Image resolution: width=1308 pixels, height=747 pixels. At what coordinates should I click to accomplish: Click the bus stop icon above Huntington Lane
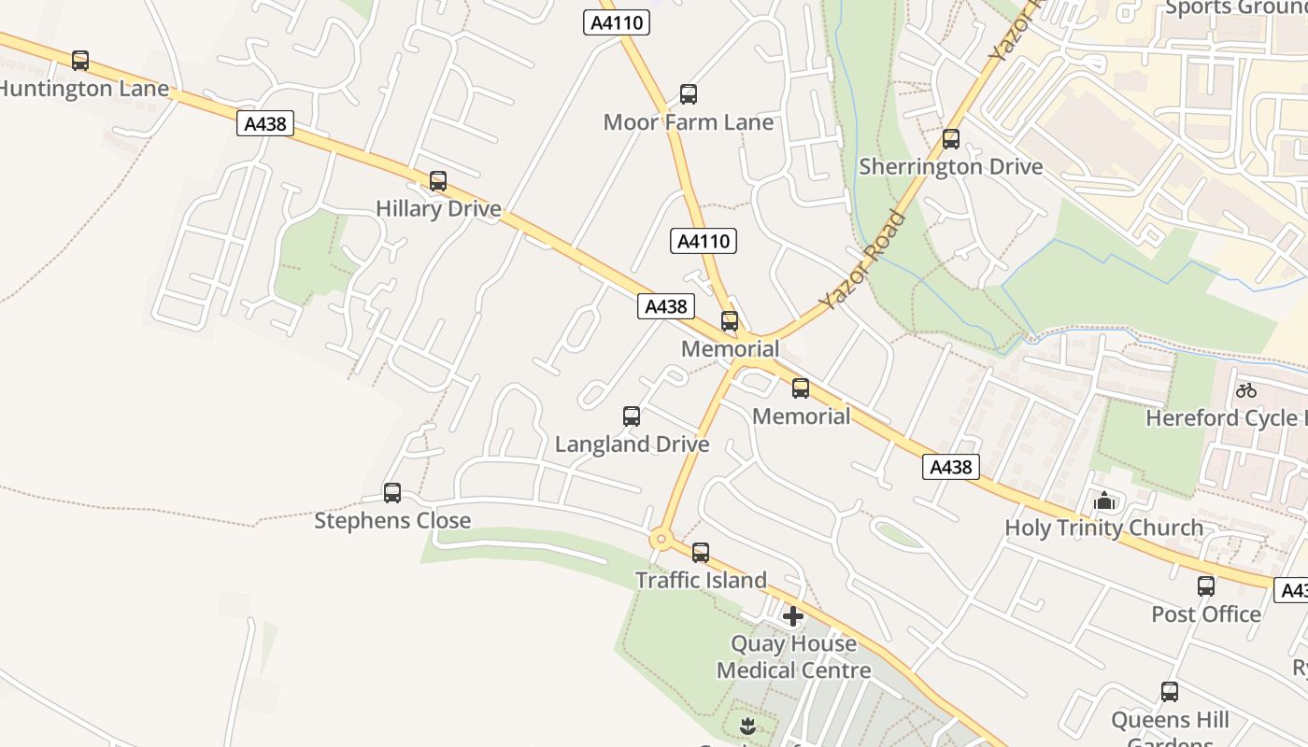point(80,61)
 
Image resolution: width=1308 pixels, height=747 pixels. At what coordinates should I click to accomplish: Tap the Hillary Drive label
point(438,208)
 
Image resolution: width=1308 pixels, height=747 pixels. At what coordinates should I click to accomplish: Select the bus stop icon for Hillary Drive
point(438,181)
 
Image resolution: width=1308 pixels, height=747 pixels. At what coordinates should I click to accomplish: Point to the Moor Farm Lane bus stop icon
point(689,94)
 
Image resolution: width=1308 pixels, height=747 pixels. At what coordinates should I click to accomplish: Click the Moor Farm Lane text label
point(689,122)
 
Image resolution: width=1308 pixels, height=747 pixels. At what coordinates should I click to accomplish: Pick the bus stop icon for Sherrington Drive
point(951,139)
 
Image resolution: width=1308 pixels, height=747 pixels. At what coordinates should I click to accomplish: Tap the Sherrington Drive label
point(950,167)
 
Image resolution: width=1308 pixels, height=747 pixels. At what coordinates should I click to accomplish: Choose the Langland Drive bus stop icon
point(632,416)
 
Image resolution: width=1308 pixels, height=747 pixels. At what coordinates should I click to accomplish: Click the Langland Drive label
point(632,444)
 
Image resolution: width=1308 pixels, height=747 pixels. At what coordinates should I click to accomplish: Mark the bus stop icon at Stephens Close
point(392,493)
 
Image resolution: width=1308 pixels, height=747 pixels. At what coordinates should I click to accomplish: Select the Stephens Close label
point(392,520)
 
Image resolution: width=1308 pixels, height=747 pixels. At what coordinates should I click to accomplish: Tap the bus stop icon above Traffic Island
point(701,553)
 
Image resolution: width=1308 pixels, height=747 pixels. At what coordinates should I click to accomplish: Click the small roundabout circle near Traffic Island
point(661,539)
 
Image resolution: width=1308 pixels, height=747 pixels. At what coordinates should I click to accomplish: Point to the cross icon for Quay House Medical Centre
point(793,616)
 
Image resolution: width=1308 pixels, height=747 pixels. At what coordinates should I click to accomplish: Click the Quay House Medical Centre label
point(793,656)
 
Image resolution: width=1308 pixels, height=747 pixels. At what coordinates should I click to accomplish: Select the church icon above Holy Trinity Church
point(1104,501)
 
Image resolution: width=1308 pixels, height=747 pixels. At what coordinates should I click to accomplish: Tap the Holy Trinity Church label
point(1103,528)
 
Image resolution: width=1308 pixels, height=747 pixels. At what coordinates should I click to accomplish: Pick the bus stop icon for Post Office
point(1206,586)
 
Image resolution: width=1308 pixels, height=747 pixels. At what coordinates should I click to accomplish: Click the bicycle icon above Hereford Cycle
point(1246,390)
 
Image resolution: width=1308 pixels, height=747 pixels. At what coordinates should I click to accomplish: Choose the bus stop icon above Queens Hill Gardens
point(1170,692)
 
